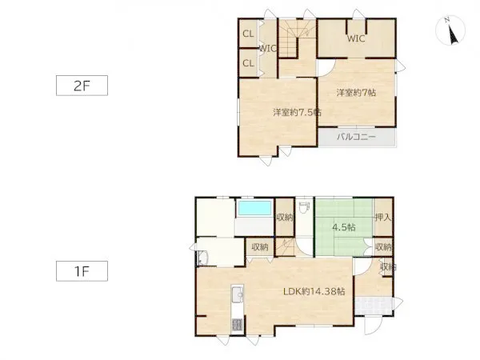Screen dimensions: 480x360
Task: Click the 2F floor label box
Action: click(x=82, y=86)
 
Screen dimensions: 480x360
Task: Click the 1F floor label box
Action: click(x=82, y=271)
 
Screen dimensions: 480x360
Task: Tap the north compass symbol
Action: click(x=450, y=30)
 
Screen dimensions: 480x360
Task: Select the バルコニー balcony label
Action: click(x=356, y=137)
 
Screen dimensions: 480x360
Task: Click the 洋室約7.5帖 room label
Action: click(x=297, y=112)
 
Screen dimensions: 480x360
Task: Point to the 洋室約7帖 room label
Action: click(x=356, y=93)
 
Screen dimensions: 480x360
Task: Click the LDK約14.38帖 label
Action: click(x=314, y=291)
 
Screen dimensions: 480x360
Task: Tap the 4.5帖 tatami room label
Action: click(x=344, y=227)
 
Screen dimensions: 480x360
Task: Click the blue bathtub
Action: click(x=254, y=208)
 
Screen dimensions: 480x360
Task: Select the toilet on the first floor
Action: click(x=304, y=207)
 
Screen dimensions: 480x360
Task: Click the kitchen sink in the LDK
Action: click(x=238, y=294)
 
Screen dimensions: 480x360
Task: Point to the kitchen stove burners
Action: click(x=238, y=325)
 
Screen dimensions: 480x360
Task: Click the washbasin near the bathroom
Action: click(x=202, y=258)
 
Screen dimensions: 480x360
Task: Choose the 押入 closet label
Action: click(x=383, y=218)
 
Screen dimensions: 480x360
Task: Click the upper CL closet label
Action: click(x=248, y=34)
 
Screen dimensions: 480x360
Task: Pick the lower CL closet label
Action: click(x=248, y=63)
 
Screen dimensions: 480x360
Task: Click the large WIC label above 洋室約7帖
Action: click(x=356, y=38)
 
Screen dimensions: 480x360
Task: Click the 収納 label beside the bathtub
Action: click(x=285, y=218)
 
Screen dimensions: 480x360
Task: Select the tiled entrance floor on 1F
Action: click(x=374, y=306)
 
